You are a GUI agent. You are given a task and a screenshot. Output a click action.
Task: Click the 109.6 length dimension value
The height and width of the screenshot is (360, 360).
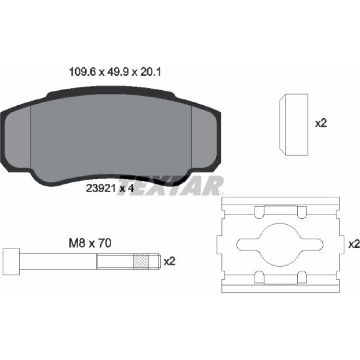pyautogui.click(x=82, y=72)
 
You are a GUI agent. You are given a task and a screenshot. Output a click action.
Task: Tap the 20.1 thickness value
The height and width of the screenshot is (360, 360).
pyautogui.click(x=151, y=72)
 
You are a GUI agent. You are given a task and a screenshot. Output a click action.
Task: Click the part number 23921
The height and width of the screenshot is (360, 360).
pyautogui.click(x=101, y=188)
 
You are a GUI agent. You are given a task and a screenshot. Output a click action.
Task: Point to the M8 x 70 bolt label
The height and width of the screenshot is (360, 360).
pyautogui.click(x=90, y=243)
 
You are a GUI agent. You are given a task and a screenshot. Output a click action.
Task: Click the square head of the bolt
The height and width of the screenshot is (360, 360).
pyautogui.click(x=12, y=261)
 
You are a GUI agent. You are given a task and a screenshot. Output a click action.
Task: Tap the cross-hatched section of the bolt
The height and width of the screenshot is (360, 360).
pyautogui.click(x=141, y=261)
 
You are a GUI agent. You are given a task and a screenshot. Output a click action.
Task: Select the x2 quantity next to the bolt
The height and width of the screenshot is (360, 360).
pyautogui.click(x=169, y=261)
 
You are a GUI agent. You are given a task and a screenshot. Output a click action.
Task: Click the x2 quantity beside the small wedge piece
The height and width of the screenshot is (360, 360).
pyautogui.click(x=321, y=123)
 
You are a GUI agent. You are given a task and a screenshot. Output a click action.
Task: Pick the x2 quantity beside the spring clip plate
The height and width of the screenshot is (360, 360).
pyautogui.click(x=354, y=244)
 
